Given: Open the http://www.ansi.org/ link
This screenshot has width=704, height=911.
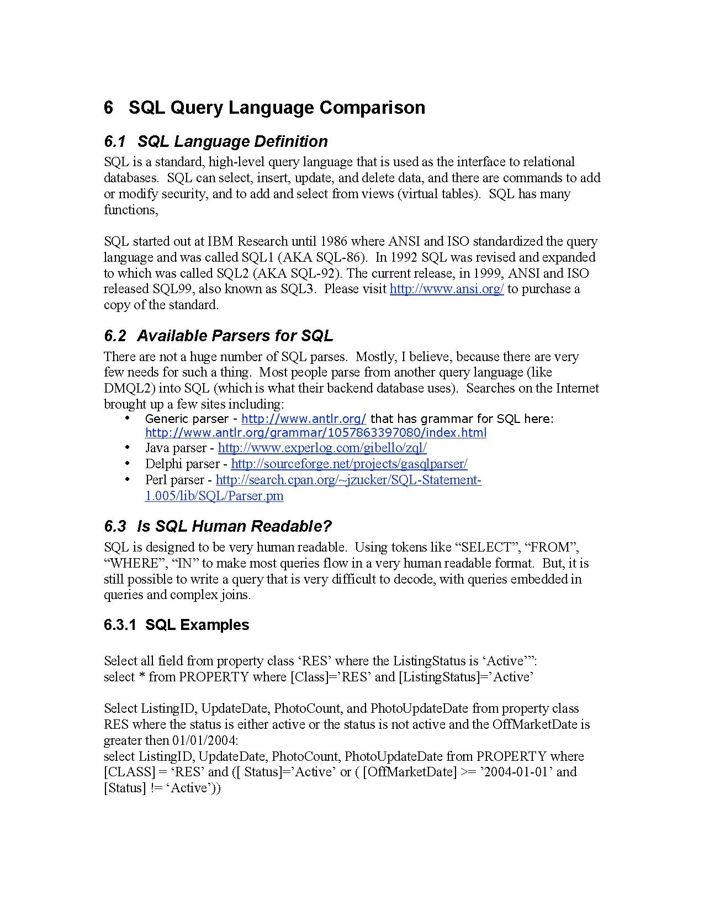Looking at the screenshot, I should tap(447, 289).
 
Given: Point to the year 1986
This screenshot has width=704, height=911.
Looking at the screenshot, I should tap(334, 241).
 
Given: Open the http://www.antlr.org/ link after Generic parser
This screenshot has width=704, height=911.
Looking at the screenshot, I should tap(304, 419).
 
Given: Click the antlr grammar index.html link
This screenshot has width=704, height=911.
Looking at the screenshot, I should tap(316, 432).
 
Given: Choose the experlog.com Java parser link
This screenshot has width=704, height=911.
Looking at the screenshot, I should tap(322, 448).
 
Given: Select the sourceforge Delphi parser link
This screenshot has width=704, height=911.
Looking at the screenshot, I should tap(349, 464).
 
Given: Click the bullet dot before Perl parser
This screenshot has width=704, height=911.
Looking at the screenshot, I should tap(128, 479).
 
